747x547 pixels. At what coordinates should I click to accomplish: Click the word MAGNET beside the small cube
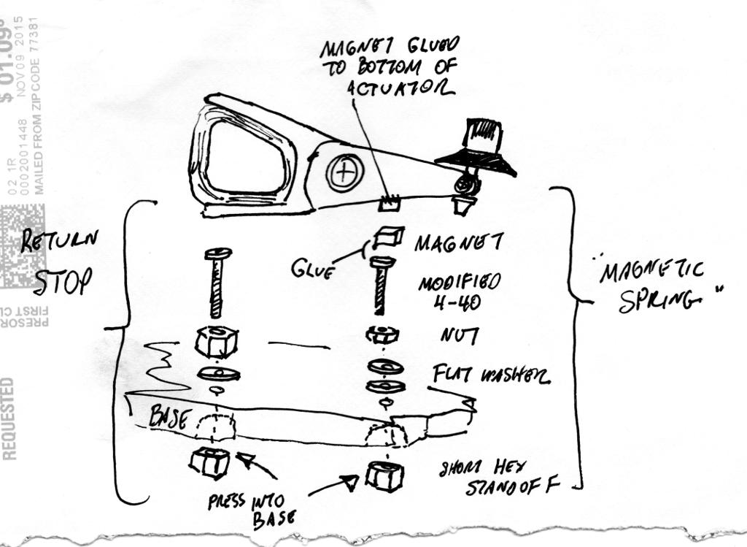453,242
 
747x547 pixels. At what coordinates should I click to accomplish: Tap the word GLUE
312,269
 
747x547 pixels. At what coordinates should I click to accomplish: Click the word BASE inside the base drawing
169,417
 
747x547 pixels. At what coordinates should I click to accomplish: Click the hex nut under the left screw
217,340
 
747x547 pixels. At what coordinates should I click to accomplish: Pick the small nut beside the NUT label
382,335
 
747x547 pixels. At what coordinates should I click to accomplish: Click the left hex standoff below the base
209,463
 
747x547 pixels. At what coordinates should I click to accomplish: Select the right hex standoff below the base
384,475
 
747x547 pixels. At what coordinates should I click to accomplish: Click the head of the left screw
217,253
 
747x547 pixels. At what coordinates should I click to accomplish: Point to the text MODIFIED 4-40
460,292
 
